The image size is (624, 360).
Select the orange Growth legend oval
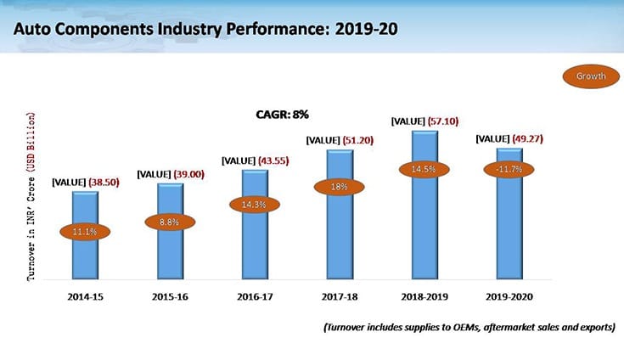click(591, 76)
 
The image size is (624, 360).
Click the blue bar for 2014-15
click(85, 255)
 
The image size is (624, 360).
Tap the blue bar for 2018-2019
click(424, 229)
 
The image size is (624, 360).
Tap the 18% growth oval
click(340, 187)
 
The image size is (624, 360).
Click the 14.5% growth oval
click(424, 170)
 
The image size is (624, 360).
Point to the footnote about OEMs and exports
click(467, 328)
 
